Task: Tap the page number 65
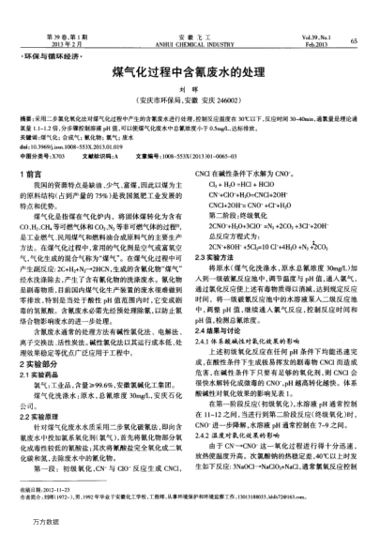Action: tap(355, 42)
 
